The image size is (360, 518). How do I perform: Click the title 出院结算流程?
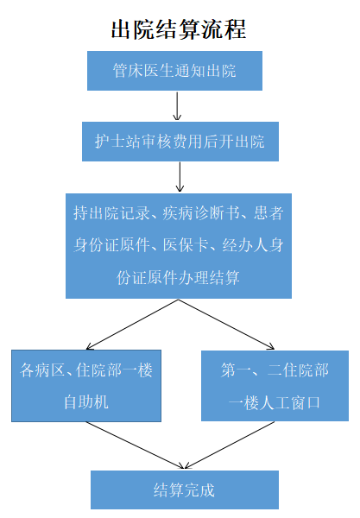point(179,29)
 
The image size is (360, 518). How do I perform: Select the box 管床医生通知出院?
point(174,71)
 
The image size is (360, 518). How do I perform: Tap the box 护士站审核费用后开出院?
point(180,142)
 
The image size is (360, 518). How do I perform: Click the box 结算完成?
point(185,490)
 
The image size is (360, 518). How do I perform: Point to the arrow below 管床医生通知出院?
point(177,106)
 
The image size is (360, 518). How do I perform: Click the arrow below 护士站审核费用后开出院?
point(180,177)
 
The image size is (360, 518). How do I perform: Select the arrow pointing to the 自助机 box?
point(132,325)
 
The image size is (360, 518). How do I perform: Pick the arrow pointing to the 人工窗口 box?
point(226,325)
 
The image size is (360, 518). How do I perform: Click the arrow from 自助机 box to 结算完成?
point(135,445)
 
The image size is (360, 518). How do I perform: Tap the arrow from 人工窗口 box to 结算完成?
point(230,445)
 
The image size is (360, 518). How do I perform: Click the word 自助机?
point(86,402)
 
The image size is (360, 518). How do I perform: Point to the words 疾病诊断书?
point(201,212)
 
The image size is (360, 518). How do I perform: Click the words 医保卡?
point(186,245)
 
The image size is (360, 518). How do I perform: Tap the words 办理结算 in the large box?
point(208,277)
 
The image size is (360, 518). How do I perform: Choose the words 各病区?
point(42,370)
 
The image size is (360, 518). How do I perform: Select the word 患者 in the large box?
point(268,212)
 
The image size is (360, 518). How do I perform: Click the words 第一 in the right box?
point(237,370)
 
